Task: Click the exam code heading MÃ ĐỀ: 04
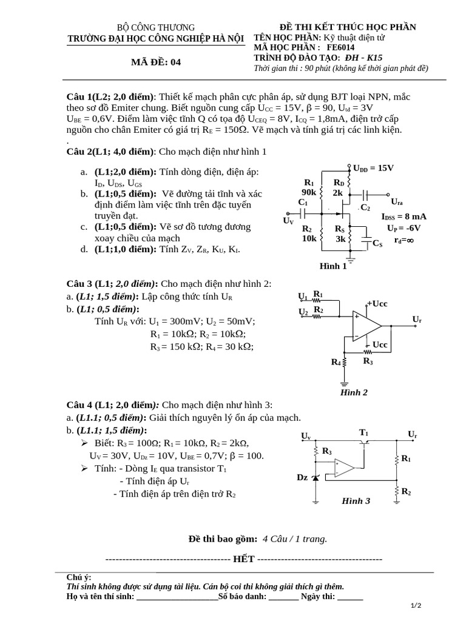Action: coord(156,62)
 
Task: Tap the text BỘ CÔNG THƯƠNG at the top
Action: coord(156,27)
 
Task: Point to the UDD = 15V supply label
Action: coord(373,168)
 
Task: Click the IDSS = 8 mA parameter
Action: coord(404,217)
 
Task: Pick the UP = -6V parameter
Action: coord(404,228)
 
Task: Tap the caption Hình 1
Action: coord(333,266)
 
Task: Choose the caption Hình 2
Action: coord(354,392)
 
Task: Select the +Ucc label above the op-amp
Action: coord(377,303)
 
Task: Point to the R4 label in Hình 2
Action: coord(336,362)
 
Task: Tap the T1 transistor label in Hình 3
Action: coord(364,432)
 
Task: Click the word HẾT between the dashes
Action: coord(243,559)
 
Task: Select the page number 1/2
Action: coord(416,606)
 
